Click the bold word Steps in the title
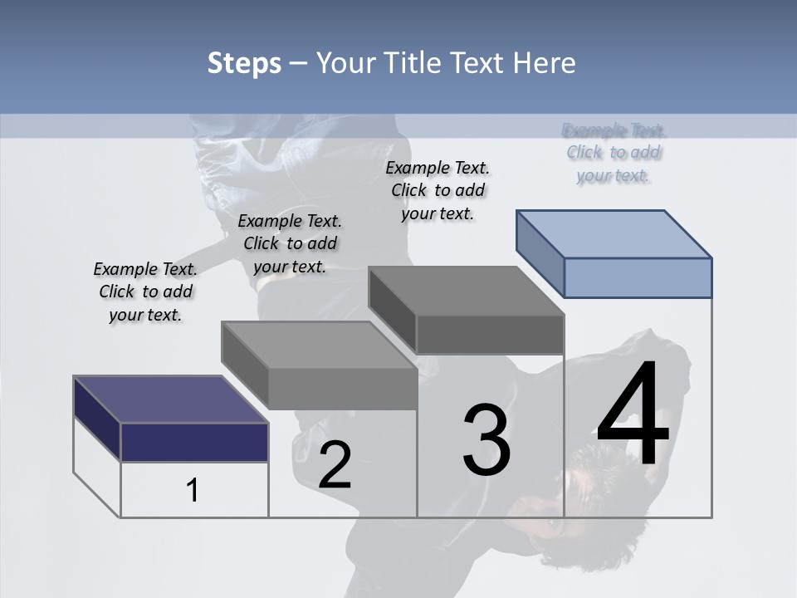(244, 63)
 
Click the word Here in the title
(544, 63)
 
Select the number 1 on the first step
(193, 491)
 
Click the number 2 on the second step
(335, 465)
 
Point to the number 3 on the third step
(487, 440)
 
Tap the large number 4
(633, 414)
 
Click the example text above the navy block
(145, 292)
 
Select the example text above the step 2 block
(290, 243)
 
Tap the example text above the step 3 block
(438, 190)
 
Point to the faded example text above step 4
(614, 153)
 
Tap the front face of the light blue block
(638, 277)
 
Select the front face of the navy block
(194, 442)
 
